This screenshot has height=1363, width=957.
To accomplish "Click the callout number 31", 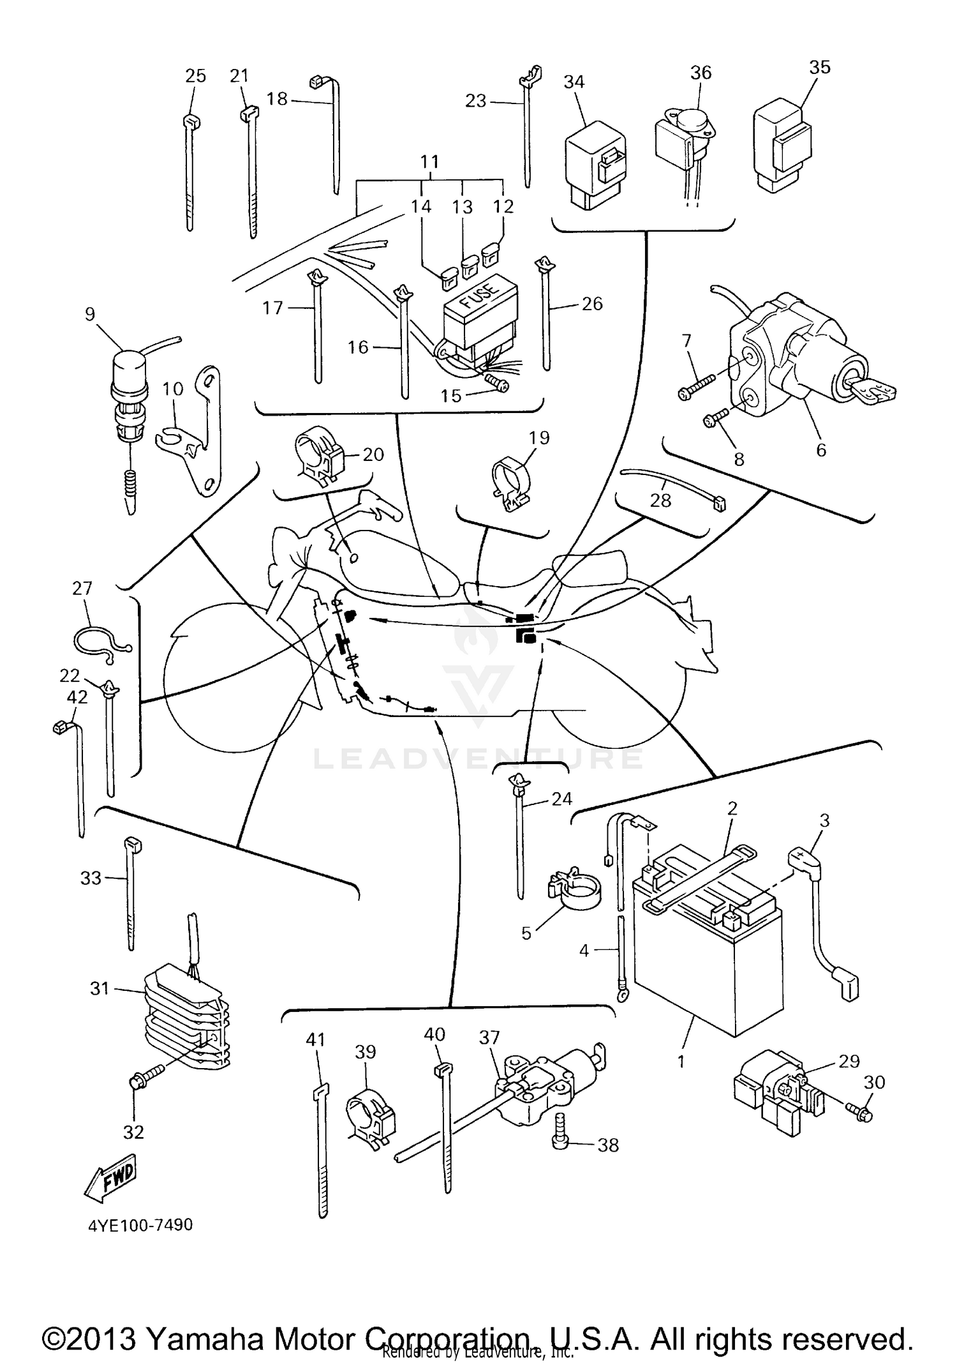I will click(100, 989).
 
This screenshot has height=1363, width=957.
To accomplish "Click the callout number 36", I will click(701, 73).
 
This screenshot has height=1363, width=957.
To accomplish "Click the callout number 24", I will click(561, 799).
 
